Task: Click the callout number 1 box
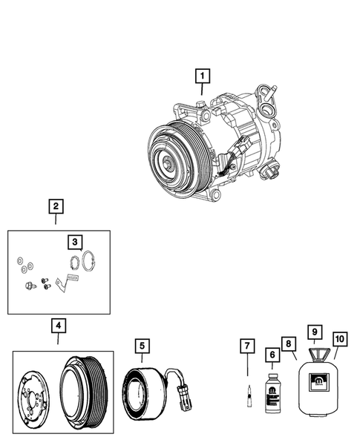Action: click(202, 76)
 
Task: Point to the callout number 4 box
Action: click(57, 326)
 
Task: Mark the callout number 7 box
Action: click(247, 345)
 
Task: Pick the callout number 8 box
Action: click(289, 345)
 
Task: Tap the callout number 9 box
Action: click(315, 332)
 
